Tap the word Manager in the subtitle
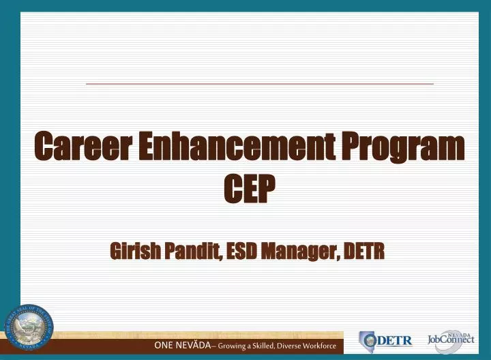click(x=303, y=252)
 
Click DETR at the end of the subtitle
click(x=363, y=252)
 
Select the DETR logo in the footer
click(x=385, y=340)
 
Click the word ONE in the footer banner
click(x=164, y=346)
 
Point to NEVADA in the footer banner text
click(x=193, y=346)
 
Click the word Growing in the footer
click(x=234, y=346)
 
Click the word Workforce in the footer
click(x=325, y=346)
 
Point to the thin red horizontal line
click(x=259, y=83)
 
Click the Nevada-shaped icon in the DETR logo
click(x=368, y=340)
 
